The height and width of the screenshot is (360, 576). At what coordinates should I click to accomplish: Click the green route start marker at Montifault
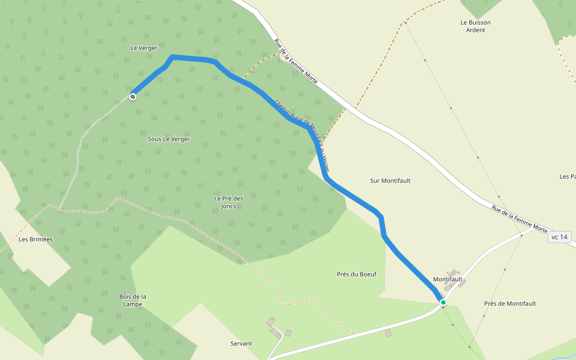(443, 302)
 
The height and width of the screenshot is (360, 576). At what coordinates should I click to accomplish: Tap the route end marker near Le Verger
(132, 96)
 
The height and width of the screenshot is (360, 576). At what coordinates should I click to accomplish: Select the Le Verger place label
(143, 47)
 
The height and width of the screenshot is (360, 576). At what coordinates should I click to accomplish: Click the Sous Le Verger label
(169, 139)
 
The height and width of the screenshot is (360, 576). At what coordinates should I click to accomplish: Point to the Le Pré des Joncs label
(229, 202)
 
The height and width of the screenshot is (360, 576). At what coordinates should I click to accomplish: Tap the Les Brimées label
(36, 239)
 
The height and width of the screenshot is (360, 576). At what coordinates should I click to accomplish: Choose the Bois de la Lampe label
(133, 300)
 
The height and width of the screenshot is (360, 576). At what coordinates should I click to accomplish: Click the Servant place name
(241, 343)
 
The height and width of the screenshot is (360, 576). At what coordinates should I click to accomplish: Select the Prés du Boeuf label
(356, 274)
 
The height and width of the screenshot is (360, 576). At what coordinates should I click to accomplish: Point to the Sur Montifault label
(391, 180)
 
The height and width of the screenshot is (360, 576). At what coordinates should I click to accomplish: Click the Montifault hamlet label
(448, 280)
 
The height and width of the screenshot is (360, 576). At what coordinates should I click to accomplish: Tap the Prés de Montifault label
(510, 304)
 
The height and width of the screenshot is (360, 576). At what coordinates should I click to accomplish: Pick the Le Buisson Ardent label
(476, 26)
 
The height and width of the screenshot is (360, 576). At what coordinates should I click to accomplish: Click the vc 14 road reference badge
(559, 237)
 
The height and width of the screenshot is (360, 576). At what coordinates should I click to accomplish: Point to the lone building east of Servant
(388, 332)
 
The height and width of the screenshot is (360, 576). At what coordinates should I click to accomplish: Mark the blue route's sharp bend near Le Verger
(172, 57)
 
